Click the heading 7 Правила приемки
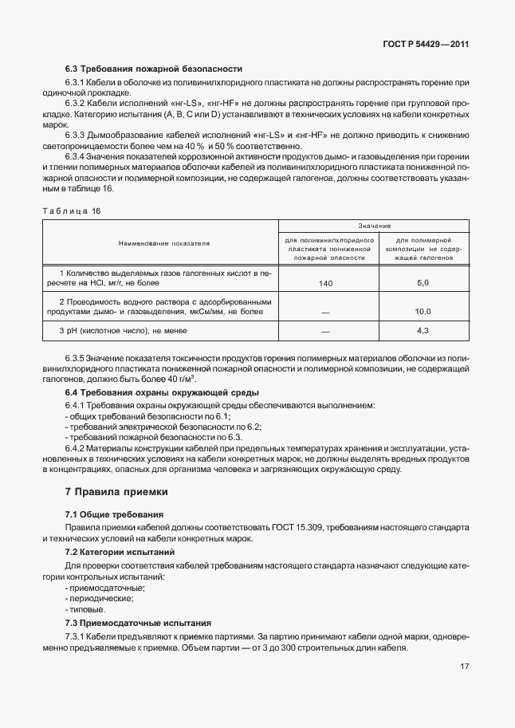[116, 491]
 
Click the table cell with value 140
[325, 283]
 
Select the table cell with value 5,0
[423, 283]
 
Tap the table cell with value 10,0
[423, 312]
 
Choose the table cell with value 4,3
[423, 330]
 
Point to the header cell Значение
[374, 226]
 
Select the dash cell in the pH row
[325, 330]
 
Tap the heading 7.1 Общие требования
[114, 515]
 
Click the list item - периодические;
[99, 598]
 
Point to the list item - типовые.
[85, 609]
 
